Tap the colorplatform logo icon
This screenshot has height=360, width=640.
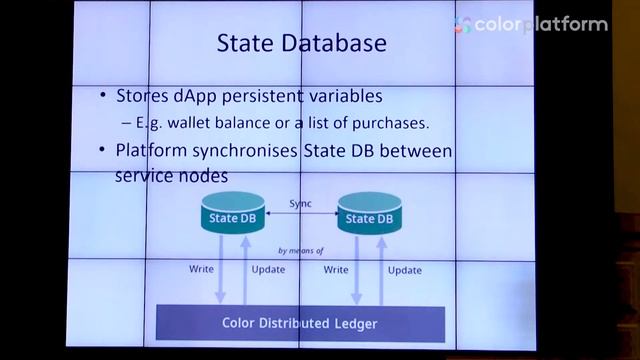[462, 24]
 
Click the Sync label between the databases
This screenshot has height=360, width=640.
[300, 203]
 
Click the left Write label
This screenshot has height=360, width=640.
[201, 270]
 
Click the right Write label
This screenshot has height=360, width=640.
[336, 270]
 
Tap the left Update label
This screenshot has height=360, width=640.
[268, 270]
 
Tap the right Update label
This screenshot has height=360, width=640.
[404, 270]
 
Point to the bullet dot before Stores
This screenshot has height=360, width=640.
[104, 98]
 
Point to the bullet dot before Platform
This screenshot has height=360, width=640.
[104, 151]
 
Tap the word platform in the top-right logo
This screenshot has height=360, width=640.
[567, 24]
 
